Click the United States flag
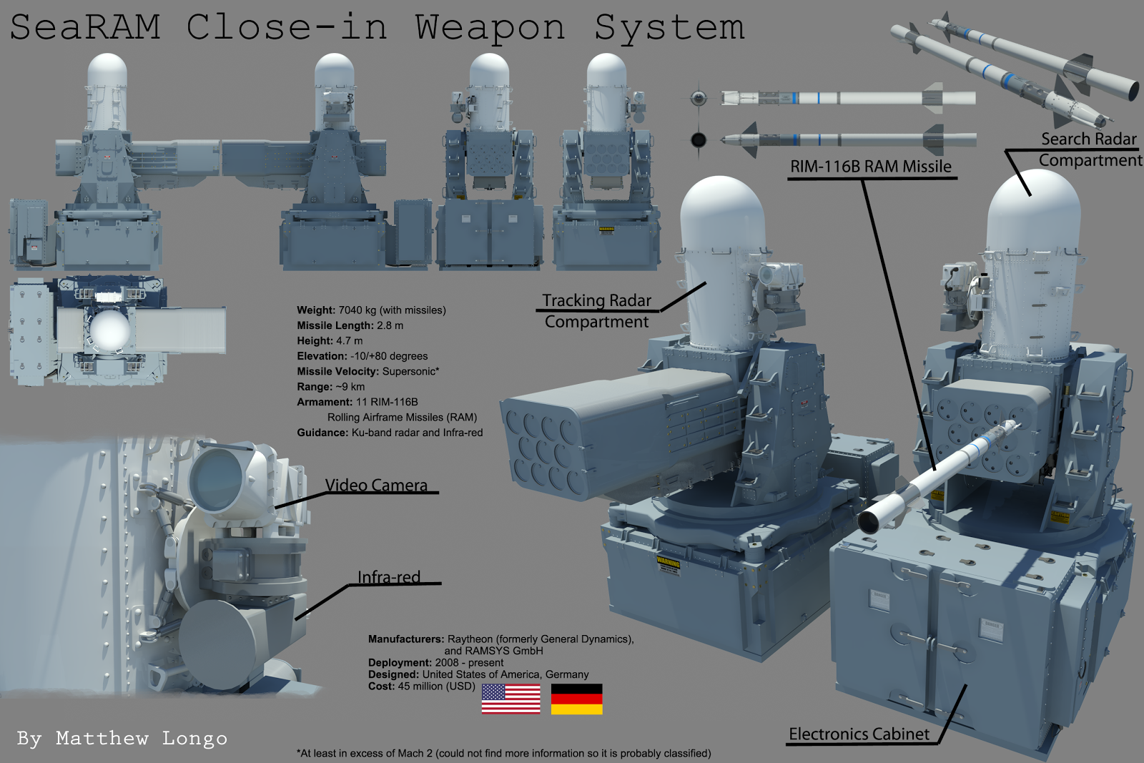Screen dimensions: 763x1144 (511, 699)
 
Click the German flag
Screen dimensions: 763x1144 (576, 699)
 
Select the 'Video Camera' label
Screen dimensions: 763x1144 (376, 486)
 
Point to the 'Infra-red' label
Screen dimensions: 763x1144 (389, 577)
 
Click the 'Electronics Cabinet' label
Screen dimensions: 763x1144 (859, 734)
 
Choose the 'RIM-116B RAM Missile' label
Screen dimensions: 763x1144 (870, 167)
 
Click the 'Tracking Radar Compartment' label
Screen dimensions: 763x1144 (596, 311)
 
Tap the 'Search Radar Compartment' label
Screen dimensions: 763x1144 (1089, 149)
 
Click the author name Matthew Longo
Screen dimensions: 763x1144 (142, 739)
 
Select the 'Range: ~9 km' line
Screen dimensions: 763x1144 (331, 387)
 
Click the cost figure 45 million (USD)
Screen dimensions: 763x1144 (436, 686)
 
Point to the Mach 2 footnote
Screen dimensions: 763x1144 (503, 754)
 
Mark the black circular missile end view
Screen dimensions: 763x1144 (699, 139)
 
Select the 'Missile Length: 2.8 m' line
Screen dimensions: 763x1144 (350, 325)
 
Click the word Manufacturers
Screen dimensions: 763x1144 (405, 639)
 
